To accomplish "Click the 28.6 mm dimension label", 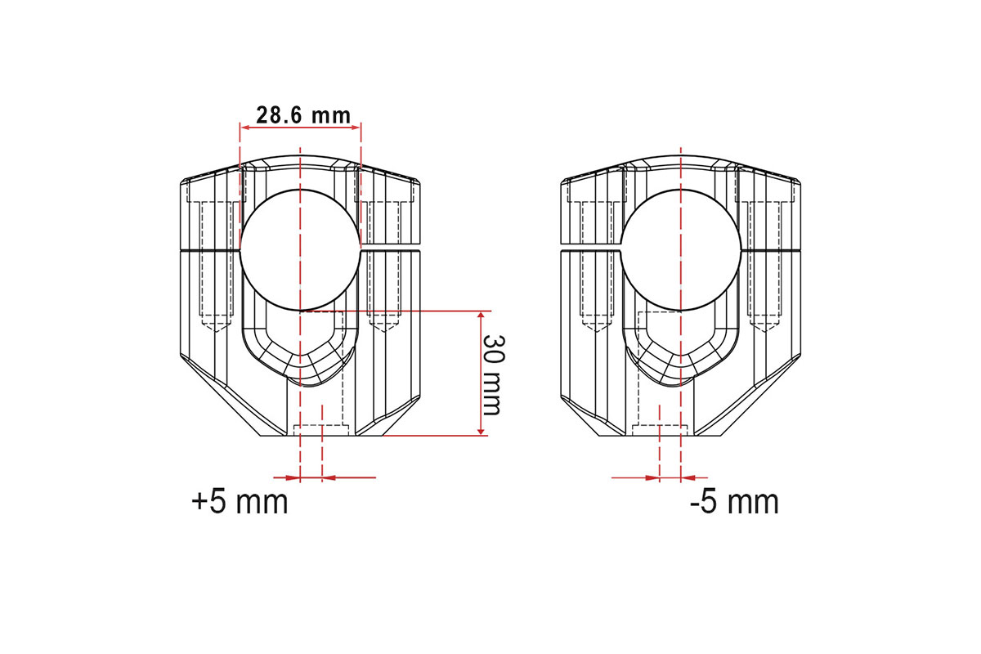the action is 303,115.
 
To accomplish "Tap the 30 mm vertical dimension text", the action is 494,375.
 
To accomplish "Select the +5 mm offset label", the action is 240,502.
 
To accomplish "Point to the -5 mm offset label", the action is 734,502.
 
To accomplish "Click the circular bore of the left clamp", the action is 300,250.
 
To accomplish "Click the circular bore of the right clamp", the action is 680,250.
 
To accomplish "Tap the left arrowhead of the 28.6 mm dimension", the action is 246,128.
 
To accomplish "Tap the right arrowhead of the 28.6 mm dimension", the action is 355,128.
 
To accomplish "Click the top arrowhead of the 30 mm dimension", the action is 481,316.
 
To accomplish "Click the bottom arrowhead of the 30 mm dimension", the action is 481,431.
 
